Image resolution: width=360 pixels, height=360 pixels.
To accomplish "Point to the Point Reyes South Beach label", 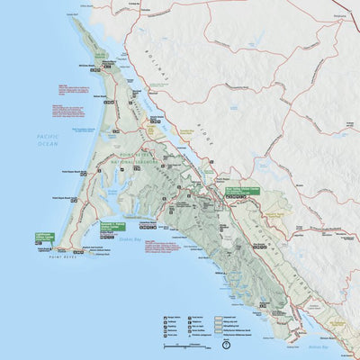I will point(58,193).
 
